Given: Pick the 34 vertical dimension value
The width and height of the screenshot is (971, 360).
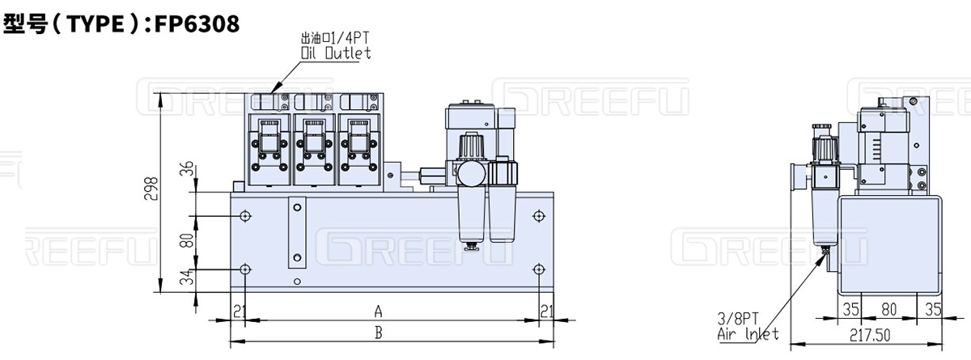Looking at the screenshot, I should [x=186, y=280].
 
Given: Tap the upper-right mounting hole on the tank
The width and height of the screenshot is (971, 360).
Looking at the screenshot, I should [x=538, y=216].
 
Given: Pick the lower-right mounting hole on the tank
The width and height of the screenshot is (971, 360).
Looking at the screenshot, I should [x=538, y=269].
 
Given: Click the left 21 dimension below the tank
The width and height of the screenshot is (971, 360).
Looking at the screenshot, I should [x=239, y=311].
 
